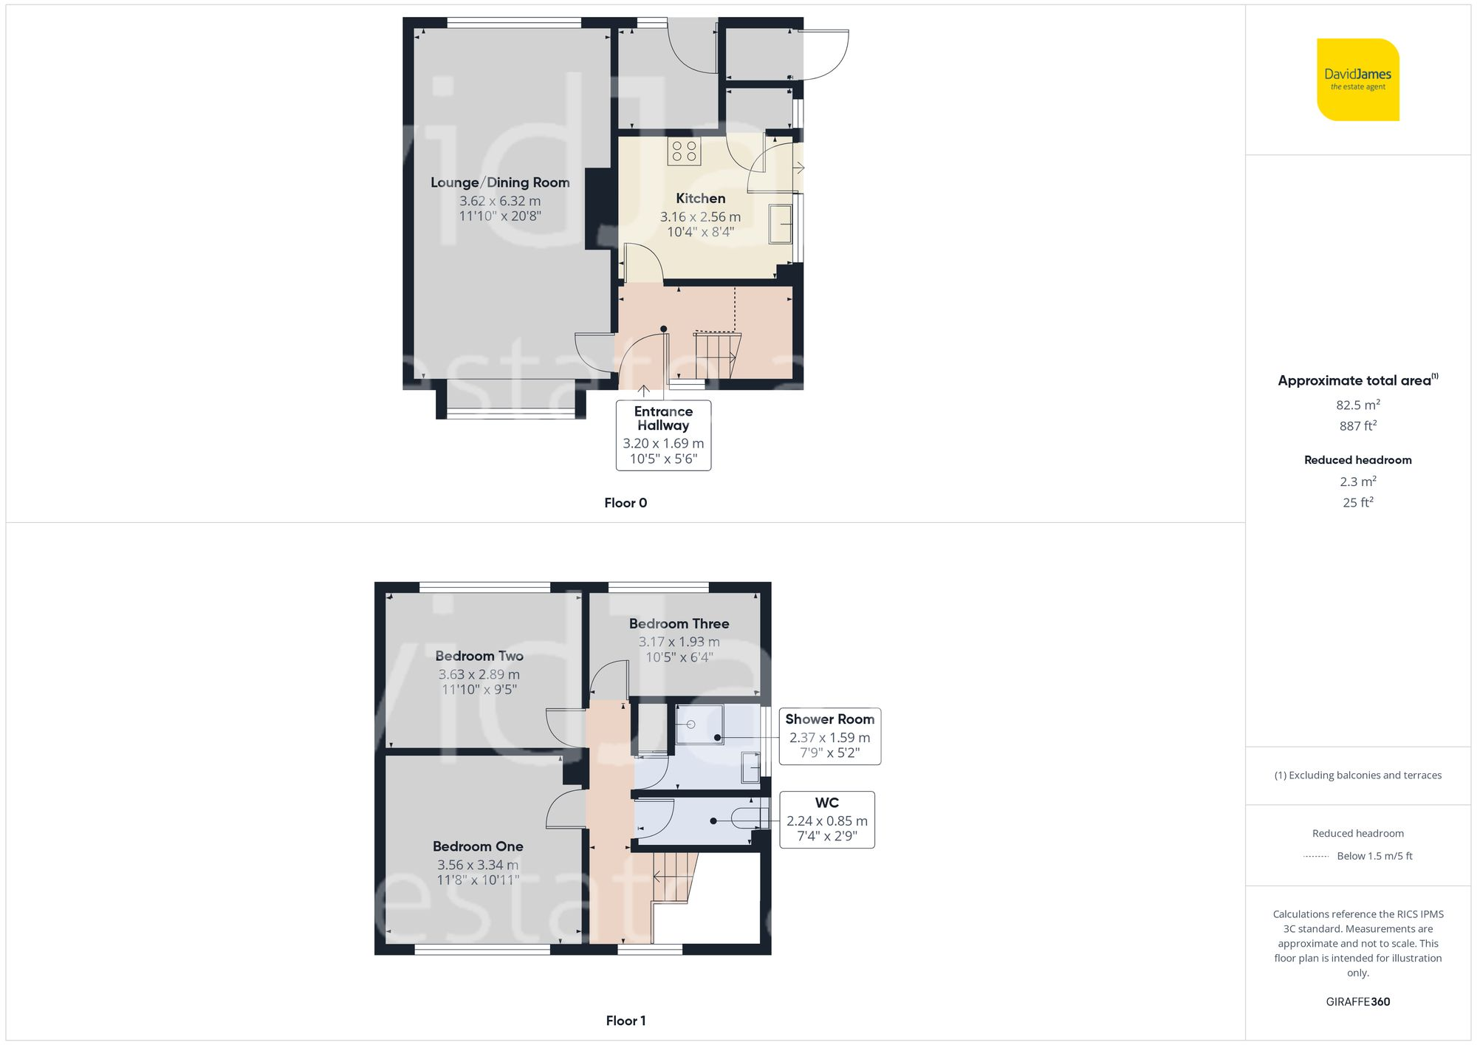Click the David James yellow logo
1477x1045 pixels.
(x=1357, y=80)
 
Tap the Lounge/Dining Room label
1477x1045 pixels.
(x=500, y=182)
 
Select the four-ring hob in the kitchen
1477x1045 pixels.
(x=684, y=151)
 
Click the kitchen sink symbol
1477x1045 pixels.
(x=780, y=224)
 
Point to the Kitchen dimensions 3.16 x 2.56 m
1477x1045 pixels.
(x=700, y=216)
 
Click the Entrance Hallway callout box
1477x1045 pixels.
(x=663, y=435)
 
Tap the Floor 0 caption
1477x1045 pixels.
(x=626, y=503)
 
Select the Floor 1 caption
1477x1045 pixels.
(x=626, y=1021)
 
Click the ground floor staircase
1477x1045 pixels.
(x=716, y=356)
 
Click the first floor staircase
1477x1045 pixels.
(x=674, y=877)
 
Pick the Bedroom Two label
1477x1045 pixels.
(x=479, y=656)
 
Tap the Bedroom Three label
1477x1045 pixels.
(x=679, y=623)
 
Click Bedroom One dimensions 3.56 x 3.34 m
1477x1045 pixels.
(x=478, y=865)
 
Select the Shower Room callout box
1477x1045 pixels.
(x=829, y=736)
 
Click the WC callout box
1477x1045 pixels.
(x=827, y=820)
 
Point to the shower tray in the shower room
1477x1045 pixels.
(x=699, y=724)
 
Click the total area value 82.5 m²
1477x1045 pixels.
(x=1357, y=405)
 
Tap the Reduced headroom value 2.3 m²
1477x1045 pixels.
(x=1357, y=482)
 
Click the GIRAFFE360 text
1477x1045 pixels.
(x=1357, y=1001)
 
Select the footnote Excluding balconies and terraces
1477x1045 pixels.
(x=1357, y=775)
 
